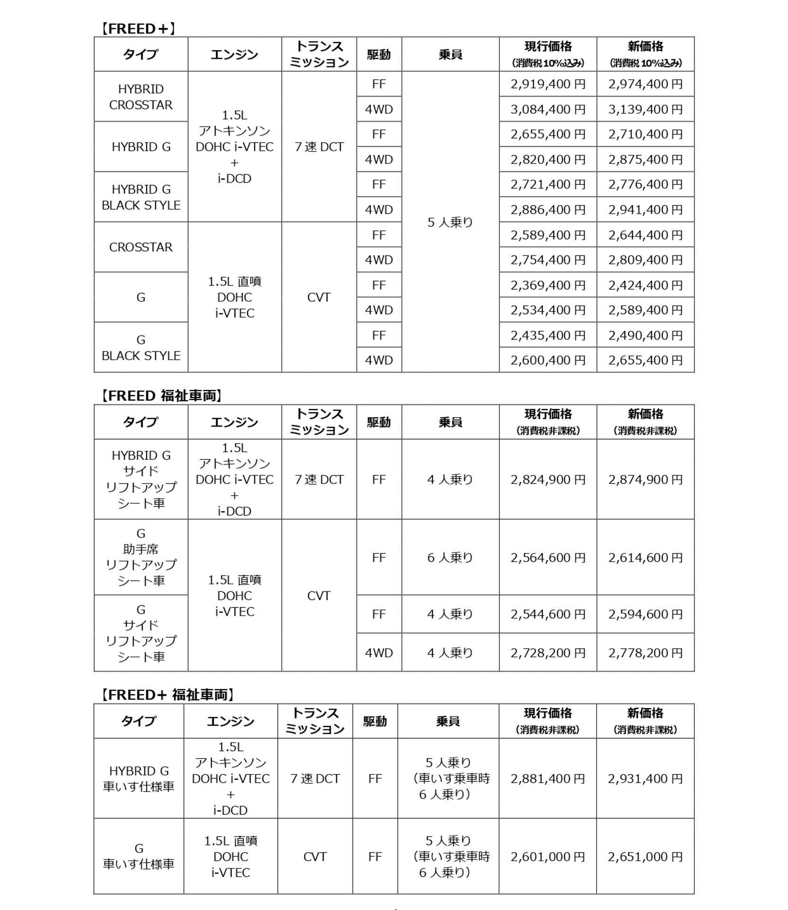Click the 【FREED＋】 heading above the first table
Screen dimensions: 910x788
(x=138, y=29)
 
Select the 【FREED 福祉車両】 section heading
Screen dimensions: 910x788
(x=161, y=396)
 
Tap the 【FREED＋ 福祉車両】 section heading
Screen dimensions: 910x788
(x=167, y=695)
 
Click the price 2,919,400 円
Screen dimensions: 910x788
(x=548, y=84)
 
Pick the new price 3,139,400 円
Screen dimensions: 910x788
(x=645, y=109)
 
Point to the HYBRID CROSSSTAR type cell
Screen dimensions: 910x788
(x=141, y=97)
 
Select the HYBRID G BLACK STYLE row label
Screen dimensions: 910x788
(x=141, y=197)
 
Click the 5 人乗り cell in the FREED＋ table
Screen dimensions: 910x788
(x=450, y=222)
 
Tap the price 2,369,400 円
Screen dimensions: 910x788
(x=548, y=285)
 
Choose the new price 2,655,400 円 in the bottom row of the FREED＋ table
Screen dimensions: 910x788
(x=645, y=360)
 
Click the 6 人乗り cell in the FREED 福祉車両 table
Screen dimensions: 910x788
(x=450, y=558)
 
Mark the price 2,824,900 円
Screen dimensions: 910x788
(x=548, y=480)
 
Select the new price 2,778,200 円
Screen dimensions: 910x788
(x=645, y=653)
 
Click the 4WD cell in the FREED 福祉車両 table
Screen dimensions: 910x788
(x=379, y=653)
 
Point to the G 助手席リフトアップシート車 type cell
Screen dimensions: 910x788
(x=141, y=557)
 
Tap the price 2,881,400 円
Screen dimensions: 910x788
(x=548, y=779)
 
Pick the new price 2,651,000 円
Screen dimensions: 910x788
(x=645, y=857)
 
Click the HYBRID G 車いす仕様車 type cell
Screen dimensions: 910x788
(x=139, y=779)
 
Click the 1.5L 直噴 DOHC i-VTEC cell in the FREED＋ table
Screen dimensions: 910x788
(x=235, y=297)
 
